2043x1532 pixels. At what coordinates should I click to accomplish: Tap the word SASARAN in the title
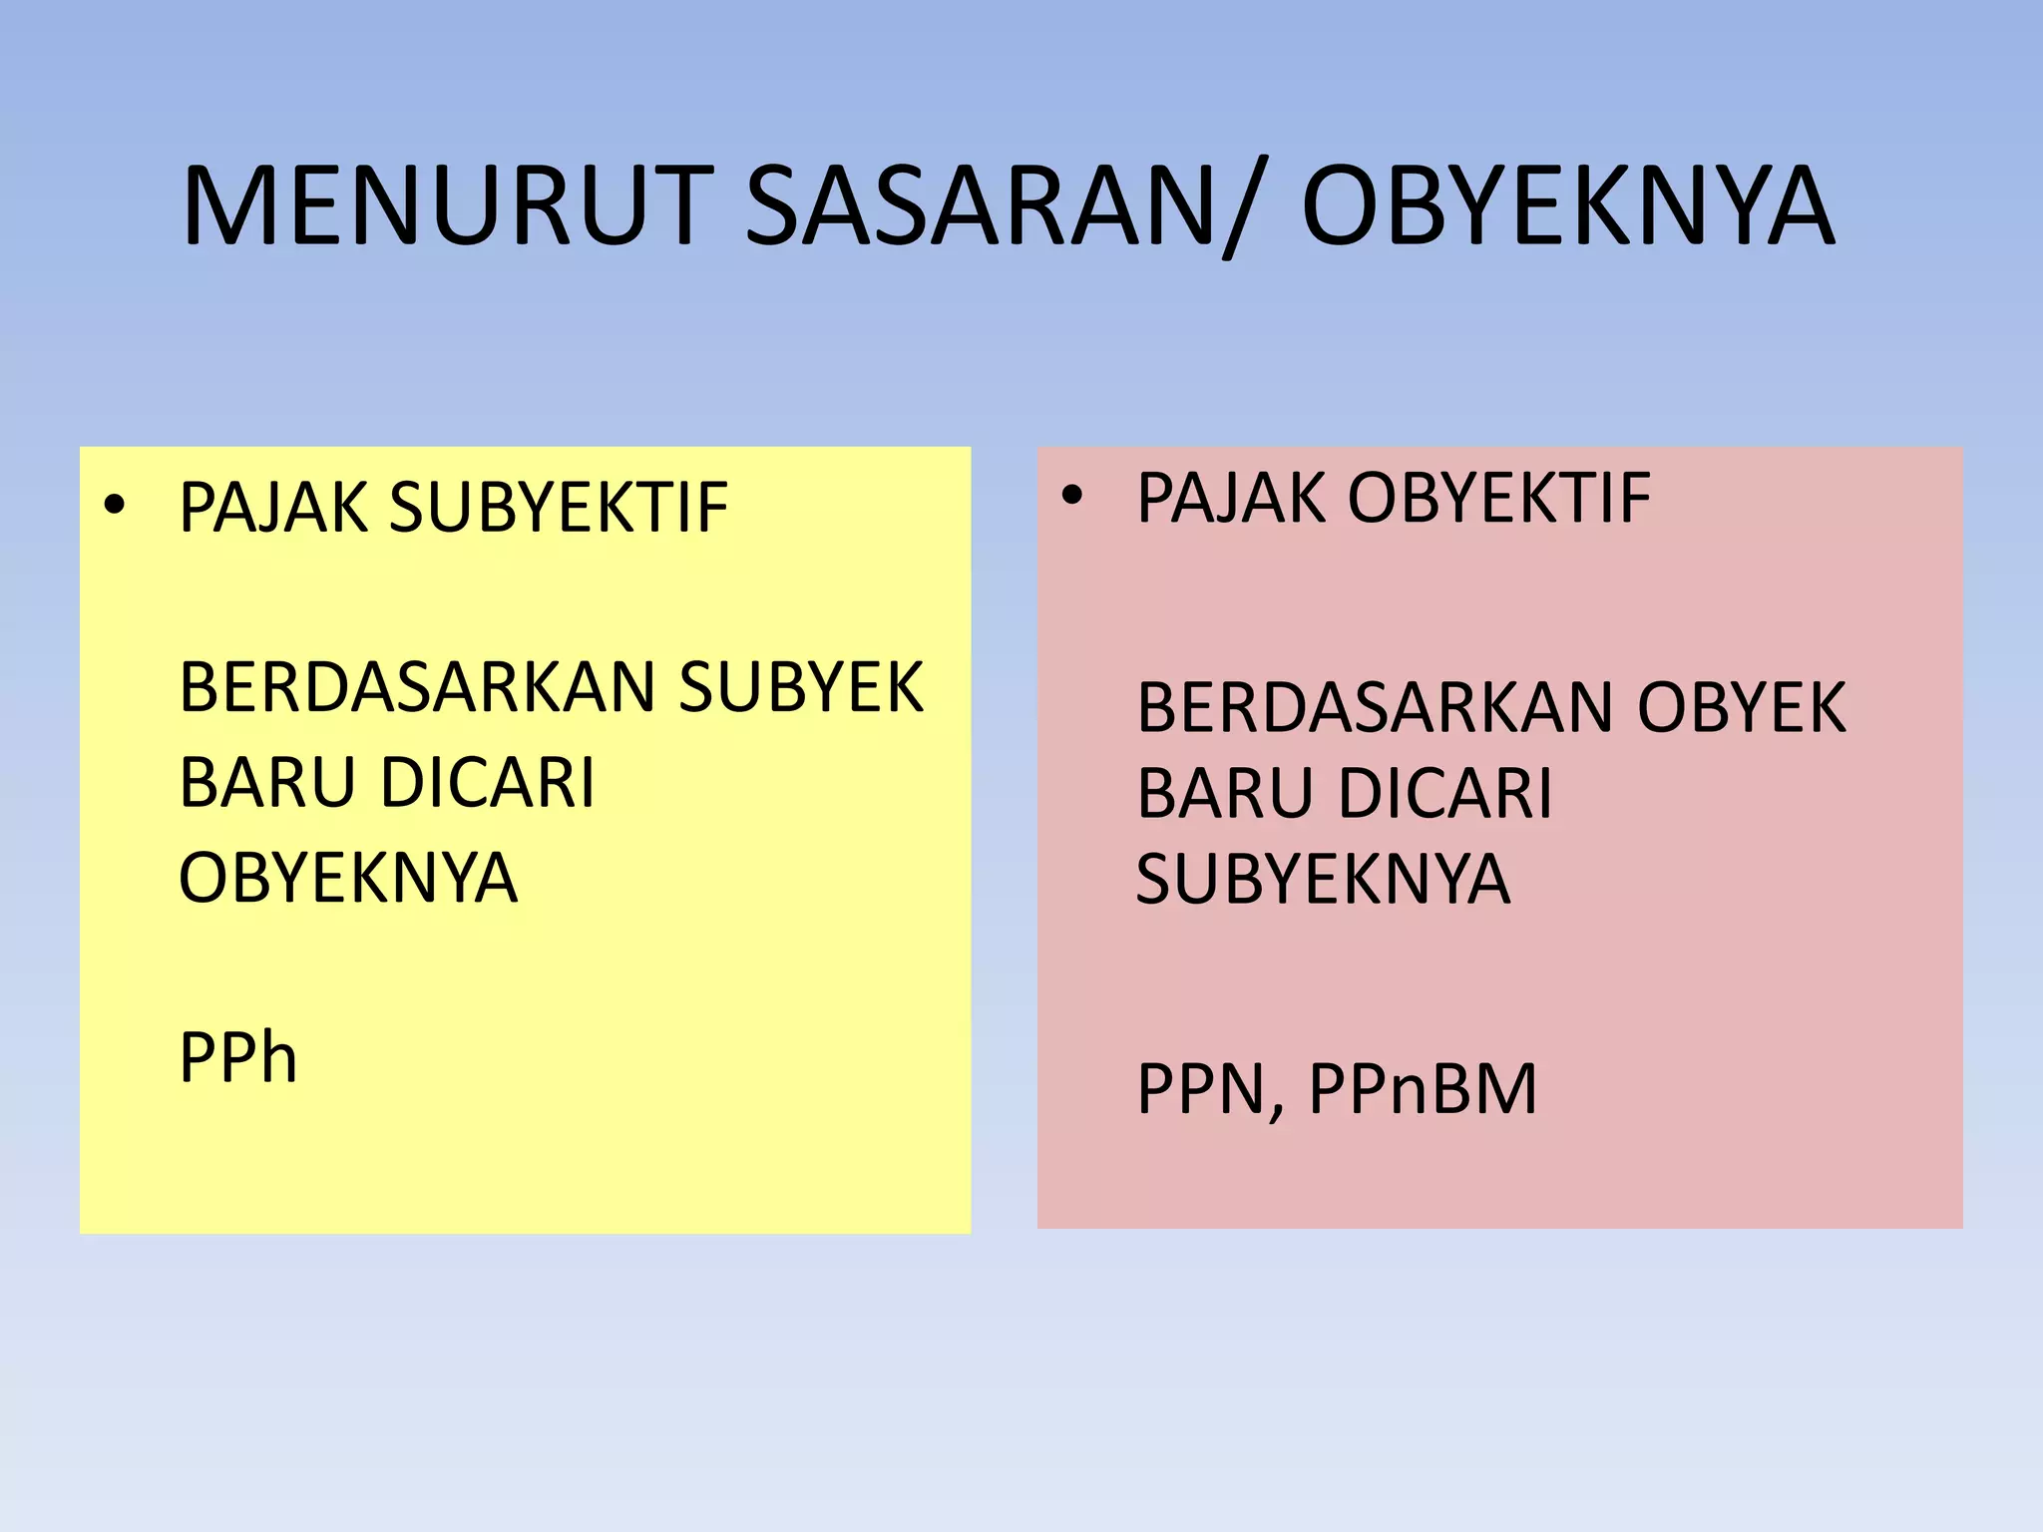(979, 207)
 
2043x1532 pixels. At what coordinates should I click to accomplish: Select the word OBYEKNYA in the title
(1567, 207)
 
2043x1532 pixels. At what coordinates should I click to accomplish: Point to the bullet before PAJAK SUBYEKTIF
(115, 507)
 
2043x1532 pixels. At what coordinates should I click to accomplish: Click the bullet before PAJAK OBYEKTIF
(1071, 496)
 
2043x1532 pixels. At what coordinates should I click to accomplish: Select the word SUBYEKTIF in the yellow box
(559, 508)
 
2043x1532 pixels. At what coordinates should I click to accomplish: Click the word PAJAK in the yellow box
(273, 508)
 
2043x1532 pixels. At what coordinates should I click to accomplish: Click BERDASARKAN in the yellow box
(418, 687)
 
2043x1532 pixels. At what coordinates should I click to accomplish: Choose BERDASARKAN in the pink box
(1376, 707)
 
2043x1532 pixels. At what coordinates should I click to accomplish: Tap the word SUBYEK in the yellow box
(801, 687)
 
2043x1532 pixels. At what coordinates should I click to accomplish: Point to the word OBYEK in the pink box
(1741, 707)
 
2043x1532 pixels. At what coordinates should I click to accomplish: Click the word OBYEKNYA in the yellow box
(348, 878)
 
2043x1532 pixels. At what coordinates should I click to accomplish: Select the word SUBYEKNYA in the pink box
(1323, 879)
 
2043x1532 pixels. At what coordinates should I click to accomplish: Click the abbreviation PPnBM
(1423, 1088)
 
